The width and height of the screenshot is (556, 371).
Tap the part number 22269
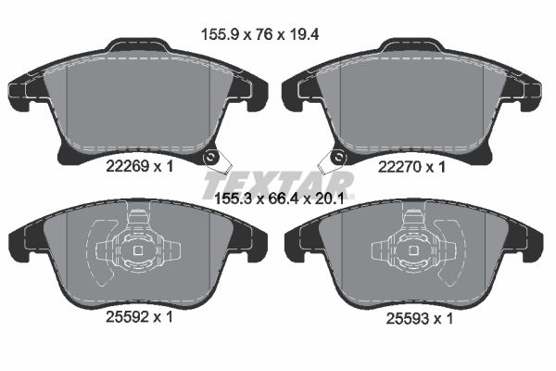123,167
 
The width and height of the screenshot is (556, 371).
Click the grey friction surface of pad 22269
139,102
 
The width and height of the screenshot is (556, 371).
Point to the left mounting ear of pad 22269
20,88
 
